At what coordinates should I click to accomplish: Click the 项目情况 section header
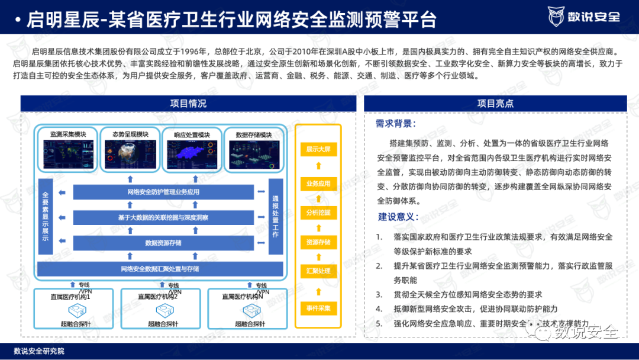coord(188,104)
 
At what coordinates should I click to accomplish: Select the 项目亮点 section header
coord(495,104)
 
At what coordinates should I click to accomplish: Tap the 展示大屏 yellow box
coord(318,149)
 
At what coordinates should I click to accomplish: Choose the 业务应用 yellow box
coord(318,184)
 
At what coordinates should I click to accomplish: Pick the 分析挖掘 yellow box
coord(318,213)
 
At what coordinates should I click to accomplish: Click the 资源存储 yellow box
coord(318,242)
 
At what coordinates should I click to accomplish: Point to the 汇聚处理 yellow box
coord(318,272)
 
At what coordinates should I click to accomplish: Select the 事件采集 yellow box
coord(318,308)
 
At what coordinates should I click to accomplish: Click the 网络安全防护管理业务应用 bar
coord(163,192)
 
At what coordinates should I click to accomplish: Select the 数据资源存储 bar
coord(163,243)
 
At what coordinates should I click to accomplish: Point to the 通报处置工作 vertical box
coord(275,216)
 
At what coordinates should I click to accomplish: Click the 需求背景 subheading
coord(396,124)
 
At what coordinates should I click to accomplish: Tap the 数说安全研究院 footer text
coord(39,351)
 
